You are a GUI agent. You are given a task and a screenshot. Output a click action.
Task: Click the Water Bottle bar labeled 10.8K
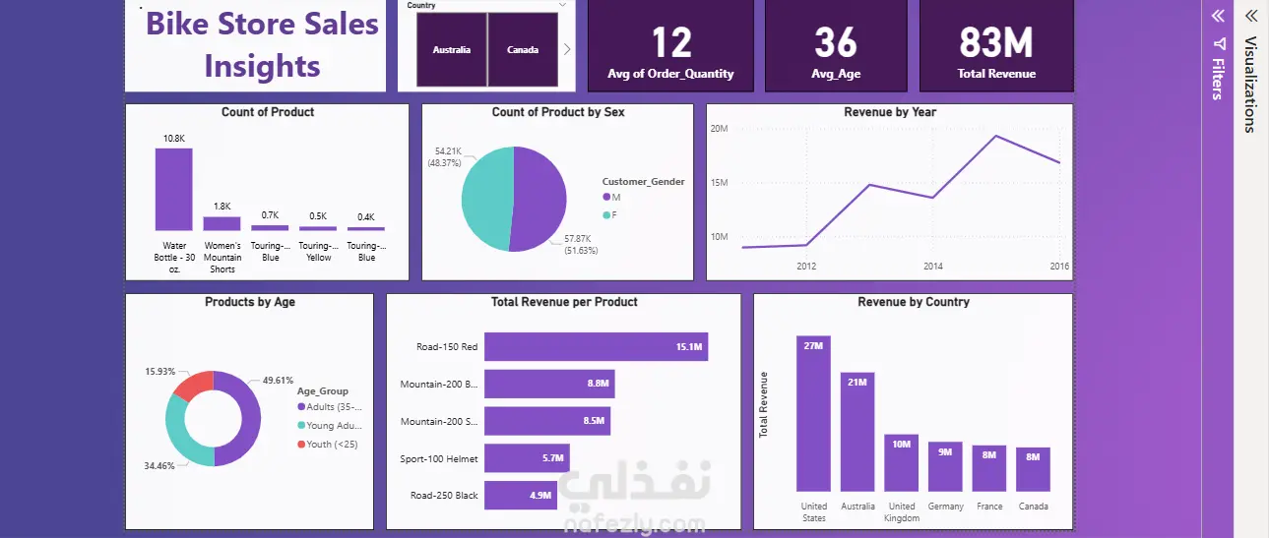[x=173, y=189]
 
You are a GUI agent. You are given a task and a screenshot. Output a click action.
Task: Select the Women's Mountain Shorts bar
[x=222, y=223]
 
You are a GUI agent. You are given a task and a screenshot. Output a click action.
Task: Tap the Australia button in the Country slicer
[x=451, y=49]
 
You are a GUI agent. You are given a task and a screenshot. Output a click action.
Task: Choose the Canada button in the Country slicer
[x=523, y=49]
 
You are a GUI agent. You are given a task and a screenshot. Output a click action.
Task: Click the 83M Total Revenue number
[x=996, y=43]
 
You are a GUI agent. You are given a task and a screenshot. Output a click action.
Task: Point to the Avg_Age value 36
[x=836, y=43]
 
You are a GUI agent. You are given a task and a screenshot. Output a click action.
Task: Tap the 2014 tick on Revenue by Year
[x=932, y=267]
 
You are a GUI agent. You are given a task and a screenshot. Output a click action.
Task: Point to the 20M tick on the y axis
[x=719, y=129]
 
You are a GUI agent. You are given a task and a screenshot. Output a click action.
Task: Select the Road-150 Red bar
[x=596, y=347]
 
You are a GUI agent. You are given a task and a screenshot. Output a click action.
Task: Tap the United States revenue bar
[x=813, y=413]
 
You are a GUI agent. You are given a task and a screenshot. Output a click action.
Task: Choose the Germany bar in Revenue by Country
[x=945, y=466]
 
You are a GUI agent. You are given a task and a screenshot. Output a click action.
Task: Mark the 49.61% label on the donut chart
[x=278, y=380]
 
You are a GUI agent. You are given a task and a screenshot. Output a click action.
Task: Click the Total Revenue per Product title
[x=564, y=302]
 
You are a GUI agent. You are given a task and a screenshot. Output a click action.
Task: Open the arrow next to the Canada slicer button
[x=567, y=49]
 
